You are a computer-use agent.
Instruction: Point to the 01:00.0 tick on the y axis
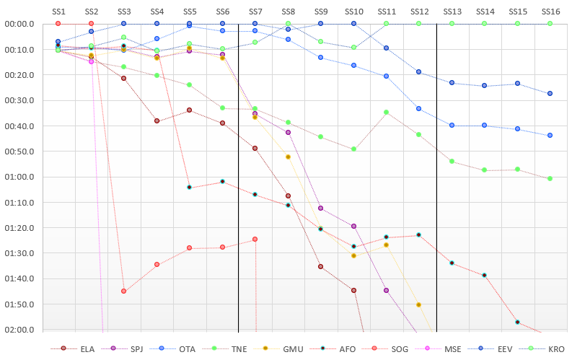click(x=19, y=177)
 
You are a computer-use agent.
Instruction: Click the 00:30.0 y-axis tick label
click(x=19, y=100)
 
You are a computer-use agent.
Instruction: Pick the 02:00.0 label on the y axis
click(x=19, y=330)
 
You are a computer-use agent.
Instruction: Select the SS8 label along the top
click(x=289, y=12)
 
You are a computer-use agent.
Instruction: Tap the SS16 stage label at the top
click(x=550, y=12)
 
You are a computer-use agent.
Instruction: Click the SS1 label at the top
click(x=58, y=12)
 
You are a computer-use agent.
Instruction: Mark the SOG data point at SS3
click(x=123, y=291)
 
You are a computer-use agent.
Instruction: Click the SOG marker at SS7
click(x=255, y=240)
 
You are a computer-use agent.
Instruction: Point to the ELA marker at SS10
click(x=353, y=290)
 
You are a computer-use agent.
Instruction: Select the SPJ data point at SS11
click(x=387, y=290)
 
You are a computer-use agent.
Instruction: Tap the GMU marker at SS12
click(x=419, y=304)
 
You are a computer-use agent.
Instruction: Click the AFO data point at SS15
click(x=517, y=322)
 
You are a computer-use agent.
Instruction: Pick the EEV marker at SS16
click(x=550, y=93)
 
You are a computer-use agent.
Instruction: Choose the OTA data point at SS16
click(x=550, y=136)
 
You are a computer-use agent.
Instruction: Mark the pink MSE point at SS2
click(x=91, y=61)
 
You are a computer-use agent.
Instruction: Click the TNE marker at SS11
click(x=387, y=113)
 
